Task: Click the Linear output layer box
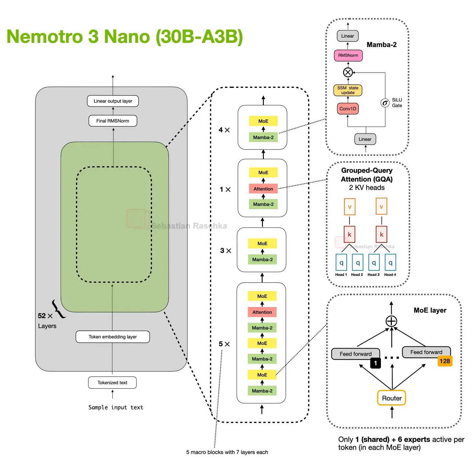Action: click(113, 101)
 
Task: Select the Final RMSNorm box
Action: click(113, 121)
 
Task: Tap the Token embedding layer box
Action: click(113, 337)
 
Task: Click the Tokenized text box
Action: click(112, 383)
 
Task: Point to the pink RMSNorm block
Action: click(348, 55)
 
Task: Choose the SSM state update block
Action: click(348, 90)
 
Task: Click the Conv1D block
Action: click(348, 109)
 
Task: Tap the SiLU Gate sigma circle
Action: click(385, 103)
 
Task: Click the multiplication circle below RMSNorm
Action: click(348, 72)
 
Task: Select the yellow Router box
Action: click(392, 398)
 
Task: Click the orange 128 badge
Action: click(445, 361)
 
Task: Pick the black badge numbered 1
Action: click(375, 363)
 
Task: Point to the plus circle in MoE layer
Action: click(391, 321)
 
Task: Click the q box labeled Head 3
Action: click(374, 263)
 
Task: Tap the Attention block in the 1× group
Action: click(263, 189)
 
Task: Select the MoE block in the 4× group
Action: click(263, 121)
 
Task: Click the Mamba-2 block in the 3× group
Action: click(262, 259)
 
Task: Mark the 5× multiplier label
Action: click(224, 344)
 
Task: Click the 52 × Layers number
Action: click(42, 316)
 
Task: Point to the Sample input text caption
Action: click(116, 407)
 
